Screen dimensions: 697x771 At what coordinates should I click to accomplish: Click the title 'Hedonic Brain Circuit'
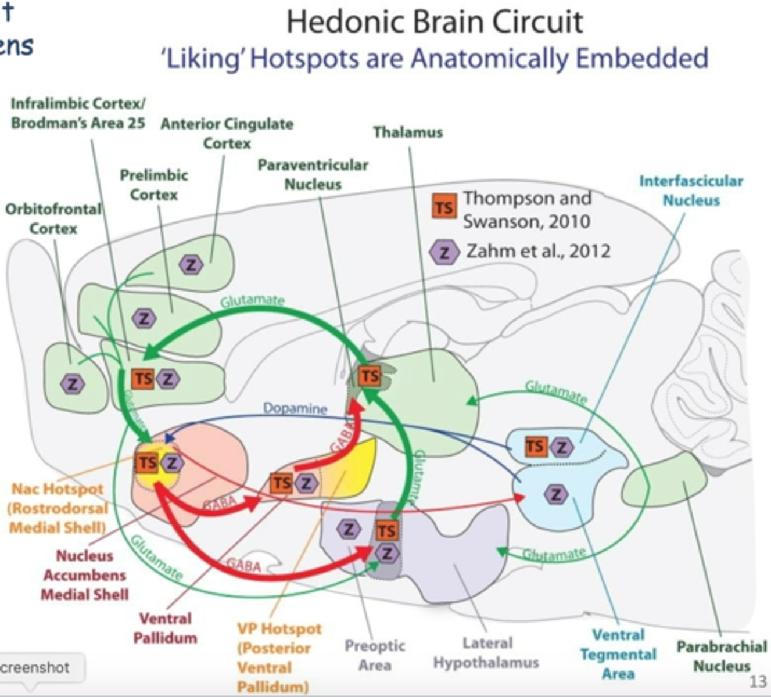[435, 22]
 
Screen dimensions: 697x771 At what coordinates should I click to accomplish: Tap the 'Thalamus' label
[408, 132]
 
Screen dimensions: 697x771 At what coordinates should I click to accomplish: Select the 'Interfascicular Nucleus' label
[691, 191]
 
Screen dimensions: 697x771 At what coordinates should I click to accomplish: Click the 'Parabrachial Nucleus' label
[722, 656]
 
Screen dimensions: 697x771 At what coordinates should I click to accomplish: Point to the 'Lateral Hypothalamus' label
[486, 652]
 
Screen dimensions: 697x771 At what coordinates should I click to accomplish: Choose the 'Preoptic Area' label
[375, 655]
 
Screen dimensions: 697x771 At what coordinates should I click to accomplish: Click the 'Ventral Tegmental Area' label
[618, 655]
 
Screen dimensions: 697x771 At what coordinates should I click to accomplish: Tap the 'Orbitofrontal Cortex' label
[53, 218]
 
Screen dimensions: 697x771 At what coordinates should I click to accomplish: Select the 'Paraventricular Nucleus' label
[313, 174]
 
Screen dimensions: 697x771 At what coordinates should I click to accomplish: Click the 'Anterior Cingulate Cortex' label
[227, 133]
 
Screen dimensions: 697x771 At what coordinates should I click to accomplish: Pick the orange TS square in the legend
[444, 208]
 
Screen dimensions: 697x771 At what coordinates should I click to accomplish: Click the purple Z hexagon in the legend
[444, 252]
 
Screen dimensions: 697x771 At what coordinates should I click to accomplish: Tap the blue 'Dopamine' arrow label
[295, 408]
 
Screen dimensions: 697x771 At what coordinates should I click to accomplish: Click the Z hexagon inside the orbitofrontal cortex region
[73, 383]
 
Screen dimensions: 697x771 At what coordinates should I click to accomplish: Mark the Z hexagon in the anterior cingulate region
[191, 265]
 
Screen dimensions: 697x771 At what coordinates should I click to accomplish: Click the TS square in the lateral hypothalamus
[386, 530]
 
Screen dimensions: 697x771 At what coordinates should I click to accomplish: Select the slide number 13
[758, 681]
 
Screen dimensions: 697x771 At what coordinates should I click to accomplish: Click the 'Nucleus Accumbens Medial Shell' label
[85, 575]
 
